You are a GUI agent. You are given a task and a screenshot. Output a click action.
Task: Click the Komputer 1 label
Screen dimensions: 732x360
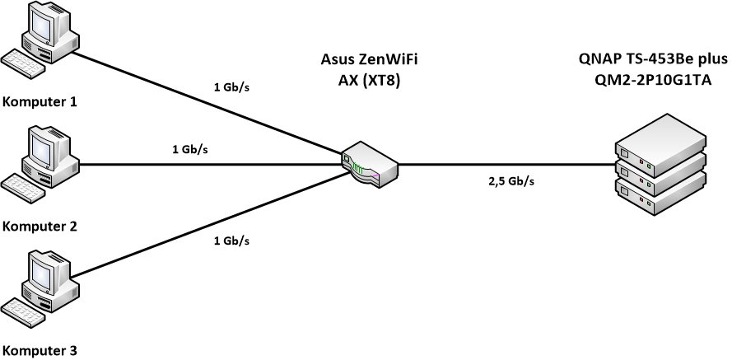(40, 101)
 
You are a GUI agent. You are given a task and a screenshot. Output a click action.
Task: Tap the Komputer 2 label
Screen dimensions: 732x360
(40, 227)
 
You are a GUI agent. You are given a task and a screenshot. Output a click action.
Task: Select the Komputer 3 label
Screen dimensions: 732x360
(40, 351)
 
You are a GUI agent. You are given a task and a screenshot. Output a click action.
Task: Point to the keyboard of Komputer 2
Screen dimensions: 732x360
(23, 188)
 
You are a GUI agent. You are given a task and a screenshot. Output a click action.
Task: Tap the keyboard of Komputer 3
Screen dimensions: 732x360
(23, 312)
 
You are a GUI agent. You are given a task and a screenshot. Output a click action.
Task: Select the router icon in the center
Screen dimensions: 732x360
(369, 165)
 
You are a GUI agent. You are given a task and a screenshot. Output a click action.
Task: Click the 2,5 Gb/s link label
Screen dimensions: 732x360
(511, 181)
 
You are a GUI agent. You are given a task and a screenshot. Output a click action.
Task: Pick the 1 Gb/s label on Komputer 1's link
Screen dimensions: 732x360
(232, 87)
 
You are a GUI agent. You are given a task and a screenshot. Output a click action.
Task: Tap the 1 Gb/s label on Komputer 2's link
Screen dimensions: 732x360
(190, 150)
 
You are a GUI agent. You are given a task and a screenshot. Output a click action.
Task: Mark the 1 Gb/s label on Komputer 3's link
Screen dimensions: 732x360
(232, 241)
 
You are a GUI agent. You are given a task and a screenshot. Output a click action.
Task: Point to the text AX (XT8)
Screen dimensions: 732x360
(369, 80)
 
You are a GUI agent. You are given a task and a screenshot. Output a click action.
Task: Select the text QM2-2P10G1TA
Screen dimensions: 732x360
(653, 80)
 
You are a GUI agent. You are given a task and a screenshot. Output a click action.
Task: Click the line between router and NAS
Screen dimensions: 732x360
(507, 165)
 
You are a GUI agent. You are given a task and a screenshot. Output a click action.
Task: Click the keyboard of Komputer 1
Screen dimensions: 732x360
(23, 63)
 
